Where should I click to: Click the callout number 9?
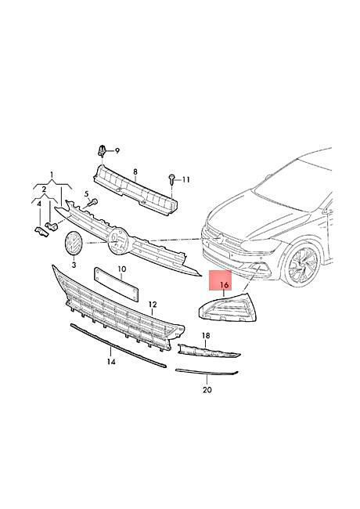(117, 150)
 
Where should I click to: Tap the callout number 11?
(185, 179)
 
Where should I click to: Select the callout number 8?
(135, 171)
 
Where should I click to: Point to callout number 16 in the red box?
(225, 285)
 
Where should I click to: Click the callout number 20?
(207, 389)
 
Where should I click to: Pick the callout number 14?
(111, 361)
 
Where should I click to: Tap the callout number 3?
(74, 265)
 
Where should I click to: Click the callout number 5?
(87, 194)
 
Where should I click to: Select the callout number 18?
(206, 335)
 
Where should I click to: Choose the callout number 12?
(153, 305)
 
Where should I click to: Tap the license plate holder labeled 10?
(116, 284)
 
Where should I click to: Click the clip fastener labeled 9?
(102, 151)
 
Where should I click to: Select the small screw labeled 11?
(171, 179)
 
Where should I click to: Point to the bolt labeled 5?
(93, 204)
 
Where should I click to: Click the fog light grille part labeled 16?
(228, 308)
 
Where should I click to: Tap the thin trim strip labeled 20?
(207, 372)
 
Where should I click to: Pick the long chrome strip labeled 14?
(118, 346)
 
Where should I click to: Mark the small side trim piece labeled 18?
(209, 351)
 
